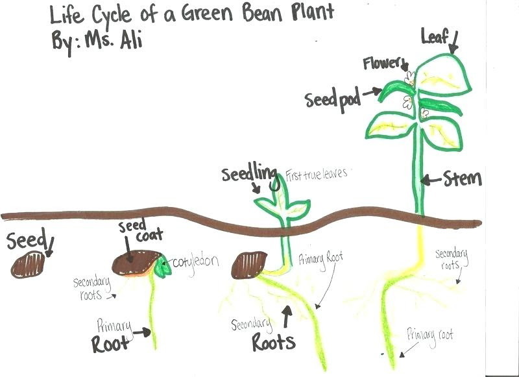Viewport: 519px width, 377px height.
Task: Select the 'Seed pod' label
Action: tap(333, 99)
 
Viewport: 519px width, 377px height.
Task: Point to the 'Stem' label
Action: tap(462, 178)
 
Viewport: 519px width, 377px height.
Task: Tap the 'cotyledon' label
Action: tap(195, 262)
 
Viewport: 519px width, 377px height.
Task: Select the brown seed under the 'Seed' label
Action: tap(29, 265)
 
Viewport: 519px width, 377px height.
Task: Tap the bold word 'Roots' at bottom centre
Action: tap(273, 342)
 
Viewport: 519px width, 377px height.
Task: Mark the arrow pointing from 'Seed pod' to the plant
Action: tap(372, 94)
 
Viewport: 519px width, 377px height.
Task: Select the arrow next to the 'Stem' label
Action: tap(431, 178)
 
